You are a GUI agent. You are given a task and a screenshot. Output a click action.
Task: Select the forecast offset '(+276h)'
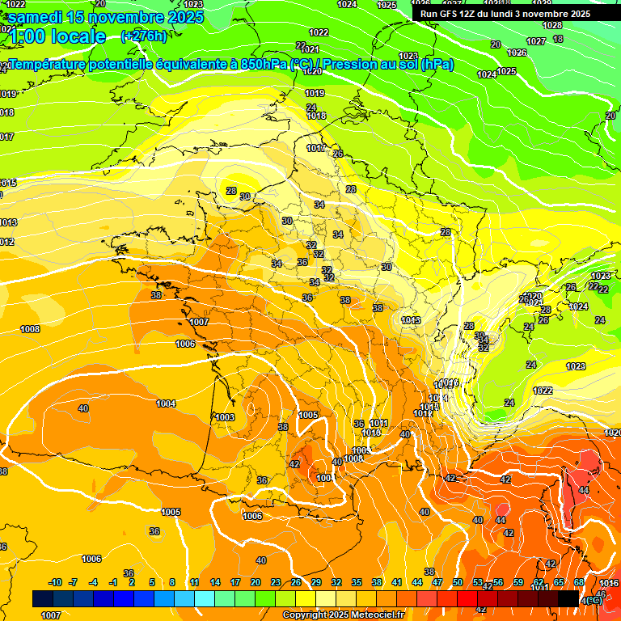pos(143,36)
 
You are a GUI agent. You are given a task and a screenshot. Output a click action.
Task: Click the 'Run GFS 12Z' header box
pos(505,14)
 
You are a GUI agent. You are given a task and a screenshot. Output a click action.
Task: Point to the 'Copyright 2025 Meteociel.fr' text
pos(343,615)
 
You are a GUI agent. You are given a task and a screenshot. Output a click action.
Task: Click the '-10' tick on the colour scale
pos(55,582)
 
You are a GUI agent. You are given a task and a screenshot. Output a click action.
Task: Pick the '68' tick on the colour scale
pos(579,582)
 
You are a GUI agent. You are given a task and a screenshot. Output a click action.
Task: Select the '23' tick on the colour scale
pos(276,582)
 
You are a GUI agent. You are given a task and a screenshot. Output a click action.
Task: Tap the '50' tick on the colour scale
pos(458,582)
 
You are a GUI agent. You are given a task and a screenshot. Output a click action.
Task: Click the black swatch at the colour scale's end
pos(568,598)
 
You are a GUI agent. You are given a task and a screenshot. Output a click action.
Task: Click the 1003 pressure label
pos(225,417)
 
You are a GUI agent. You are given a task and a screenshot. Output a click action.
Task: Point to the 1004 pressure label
pos(166,403)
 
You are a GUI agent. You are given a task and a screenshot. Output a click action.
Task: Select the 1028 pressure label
pos(552,25)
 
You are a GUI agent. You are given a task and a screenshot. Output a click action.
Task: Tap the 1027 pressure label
pos(535,41)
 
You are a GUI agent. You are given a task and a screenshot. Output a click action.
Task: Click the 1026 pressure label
pos(517,53)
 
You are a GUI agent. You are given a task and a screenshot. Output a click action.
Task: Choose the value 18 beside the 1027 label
pos(558,39)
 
